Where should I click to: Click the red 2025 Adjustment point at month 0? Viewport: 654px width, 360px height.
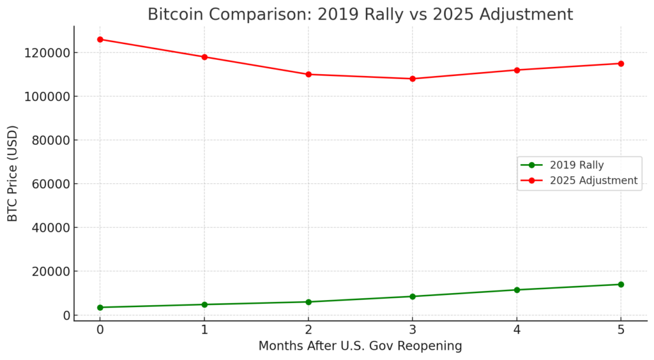(100, 39)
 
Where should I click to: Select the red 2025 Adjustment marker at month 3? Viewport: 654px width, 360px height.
(413, 79)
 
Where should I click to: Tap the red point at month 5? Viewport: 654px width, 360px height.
(621, 63)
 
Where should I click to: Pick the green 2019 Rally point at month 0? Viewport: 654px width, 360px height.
(100, 308)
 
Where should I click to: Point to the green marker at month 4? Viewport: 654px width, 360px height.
(517, 290)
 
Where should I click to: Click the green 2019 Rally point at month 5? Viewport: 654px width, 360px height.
(621, 284)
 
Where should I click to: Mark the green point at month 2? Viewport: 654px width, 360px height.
(308, 302)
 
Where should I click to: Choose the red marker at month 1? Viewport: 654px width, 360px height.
(204, 57)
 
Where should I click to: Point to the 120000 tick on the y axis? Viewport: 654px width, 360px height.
(47, 52)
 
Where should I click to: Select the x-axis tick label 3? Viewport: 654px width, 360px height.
(413, 330)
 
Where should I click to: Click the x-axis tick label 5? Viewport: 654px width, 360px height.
(621, 330)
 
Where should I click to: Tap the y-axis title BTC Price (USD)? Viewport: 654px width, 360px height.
(13, 173)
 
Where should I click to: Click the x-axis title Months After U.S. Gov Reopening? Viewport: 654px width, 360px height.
(360, 347)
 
